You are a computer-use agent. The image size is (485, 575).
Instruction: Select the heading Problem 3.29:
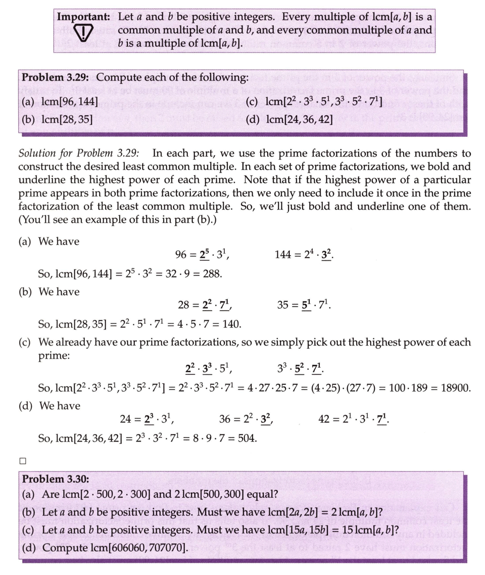click(x=57, y=78)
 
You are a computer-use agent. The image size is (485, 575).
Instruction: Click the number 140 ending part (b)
click(x=231, y=323)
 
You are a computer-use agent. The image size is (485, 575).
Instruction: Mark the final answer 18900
click(x=456, y=388)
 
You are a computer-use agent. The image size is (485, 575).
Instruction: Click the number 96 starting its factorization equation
click(x=181, y=255)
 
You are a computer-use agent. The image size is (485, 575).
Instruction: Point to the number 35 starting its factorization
click(x=283, y=305)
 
